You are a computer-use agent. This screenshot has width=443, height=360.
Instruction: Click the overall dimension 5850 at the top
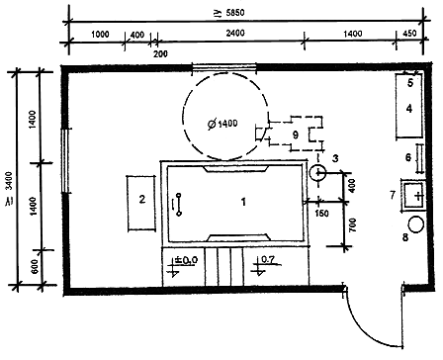click(231, 13)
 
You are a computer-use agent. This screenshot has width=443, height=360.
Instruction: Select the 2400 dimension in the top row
click(235, 33)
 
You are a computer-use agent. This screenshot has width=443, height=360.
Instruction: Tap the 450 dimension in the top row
click(409, 34)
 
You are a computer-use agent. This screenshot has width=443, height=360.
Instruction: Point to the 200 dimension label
click(160, 53)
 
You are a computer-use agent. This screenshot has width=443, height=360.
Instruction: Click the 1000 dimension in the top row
click(100, 35)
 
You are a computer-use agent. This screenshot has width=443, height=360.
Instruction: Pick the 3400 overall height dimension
click(9, 189)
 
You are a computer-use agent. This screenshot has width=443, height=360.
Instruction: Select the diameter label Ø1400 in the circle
click(222, 124)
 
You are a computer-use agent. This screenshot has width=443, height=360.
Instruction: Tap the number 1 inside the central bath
click(243, 202)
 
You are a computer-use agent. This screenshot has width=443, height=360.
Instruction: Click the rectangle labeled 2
click(141, 203)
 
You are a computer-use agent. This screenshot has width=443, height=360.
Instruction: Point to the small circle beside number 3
click(317, 173)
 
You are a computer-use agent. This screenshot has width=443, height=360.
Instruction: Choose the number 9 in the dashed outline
click(296, 135)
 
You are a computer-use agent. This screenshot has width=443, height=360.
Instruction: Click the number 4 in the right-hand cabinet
click(409, 108)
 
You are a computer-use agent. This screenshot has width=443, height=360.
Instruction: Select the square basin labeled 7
click(413, 196)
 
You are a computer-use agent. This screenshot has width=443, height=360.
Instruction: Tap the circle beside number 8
click(416, 225)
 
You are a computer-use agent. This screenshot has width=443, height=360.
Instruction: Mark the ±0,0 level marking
click(185, 260)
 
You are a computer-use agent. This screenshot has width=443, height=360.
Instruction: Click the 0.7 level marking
click(268, 260)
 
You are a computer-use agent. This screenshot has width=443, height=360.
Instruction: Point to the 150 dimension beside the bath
click(321, 214)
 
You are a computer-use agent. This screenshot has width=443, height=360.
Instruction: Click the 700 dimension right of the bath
click(353, 225)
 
